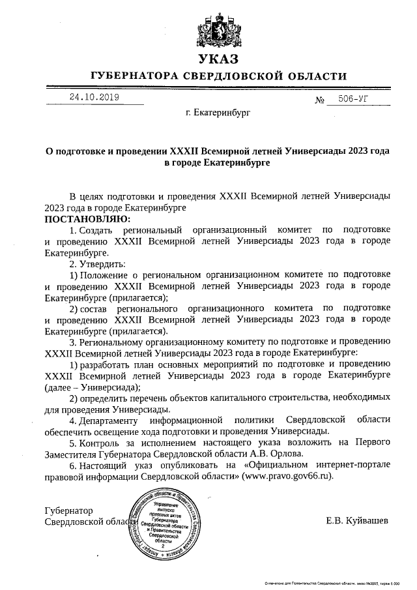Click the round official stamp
(x=167, y=524)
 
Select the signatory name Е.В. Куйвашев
(x=357, y=521)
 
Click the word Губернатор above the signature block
(x=68, y=510)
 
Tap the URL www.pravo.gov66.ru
(x=287, y=477)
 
